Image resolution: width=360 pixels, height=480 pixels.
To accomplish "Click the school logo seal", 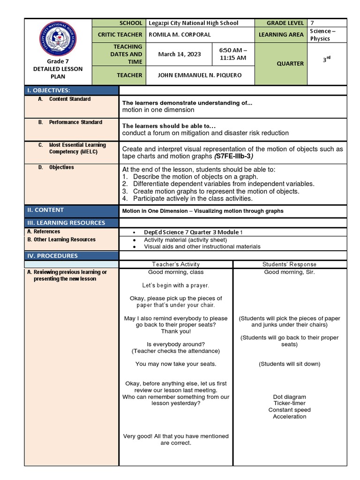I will (x=59, y=39).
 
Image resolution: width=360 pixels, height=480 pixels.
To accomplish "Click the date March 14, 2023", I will (x=179, y=54).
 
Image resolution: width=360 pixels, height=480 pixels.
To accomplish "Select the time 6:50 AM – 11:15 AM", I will (x=232, y=54).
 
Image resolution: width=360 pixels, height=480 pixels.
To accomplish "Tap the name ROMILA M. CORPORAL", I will (x=180, y=35).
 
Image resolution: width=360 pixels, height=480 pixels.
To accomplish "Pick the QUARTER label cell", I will (x=291, y=64).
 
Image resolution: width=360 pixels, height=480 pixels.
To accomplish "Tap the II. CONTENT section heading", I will (x=46, y=210).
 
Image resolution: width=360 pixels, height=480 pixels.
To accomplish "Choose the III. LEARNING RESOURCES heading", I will (x=66, y=223).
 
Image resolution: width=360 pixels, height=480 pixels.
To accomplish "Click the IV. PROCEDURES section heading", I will (x=52, y=255).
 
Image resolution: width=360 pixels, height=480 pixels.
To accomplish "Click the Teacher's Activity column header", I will (x=176, y=264).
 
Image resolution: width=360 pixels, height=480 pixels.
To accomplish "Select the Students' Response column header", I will (x=289, y=264).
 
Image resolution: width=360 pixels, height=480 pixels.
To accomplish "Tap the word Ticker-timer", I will (x=289, y=403).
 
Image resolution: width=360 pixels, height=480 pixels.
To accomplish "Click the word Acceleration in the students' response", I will (x=289, y=416).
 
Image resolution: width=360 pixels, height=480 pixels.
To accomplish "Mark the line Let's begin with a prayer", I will (x=176, y=285).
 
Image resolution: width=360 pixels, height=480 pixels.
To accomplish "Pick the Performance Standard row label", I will (x=75, y=122).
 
